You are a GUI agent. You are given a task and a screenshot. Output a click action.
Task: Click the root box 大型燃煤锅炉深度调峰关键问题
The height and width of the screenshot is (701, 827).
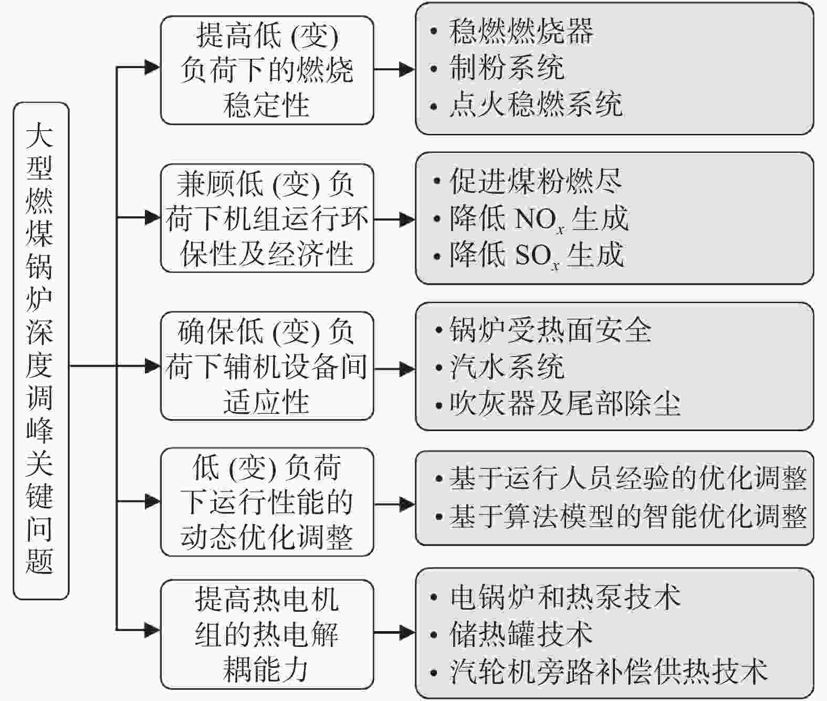point(41,351)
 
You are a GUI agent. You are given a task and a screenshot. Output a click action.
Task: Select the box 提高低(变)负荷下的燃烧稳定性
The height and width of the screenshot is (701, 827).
point(267,70)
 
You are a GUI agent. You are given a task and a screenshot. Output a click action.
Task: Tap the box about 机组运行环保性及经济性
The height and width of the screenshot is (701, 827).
point(267,218)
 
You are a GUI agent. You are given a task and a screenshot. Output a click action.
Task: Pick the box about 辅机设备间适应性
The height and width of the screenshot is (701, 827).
point(267,366)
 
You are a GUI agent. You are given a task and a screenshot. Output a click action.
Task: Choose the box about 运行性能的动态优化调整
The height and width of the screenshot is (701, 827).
point(267,502)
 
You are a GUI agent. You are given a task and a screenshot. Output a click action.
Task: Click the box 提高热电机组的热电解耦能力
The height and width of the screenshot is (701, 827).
point(267,635)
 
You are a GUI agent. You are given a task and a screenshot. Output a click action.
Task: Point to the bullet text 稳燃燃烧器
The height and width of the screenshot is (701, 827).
point(521,31)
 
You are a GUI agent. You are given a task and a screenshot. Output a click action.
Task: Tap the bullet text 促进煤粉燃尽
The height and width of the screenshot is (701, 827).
point(536,181)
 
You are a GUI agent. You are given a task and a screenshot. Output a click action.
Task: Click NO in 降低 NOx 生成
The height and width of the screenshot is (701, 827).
point(536,218)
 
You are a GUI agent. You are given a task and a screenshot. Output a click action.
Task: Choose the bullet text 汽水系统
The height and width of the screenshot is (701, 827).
point(507,367)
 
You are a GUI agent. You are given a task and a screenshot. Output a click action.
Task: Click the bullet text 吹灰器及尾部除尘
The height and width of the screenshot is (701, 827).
point(564,403)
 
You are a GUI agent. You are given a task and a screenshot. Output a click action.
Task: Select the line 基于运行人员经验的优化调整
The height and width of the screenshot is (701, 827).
point(628,478)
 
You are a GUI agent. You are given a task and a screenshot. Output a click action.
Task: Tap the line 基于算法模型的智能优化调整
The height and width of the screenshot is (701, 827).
point(628,516)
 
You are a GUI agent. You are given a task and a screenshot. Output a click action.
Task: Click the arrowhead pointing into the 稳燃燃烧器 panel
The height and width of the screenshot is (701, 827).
point(407,69)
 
